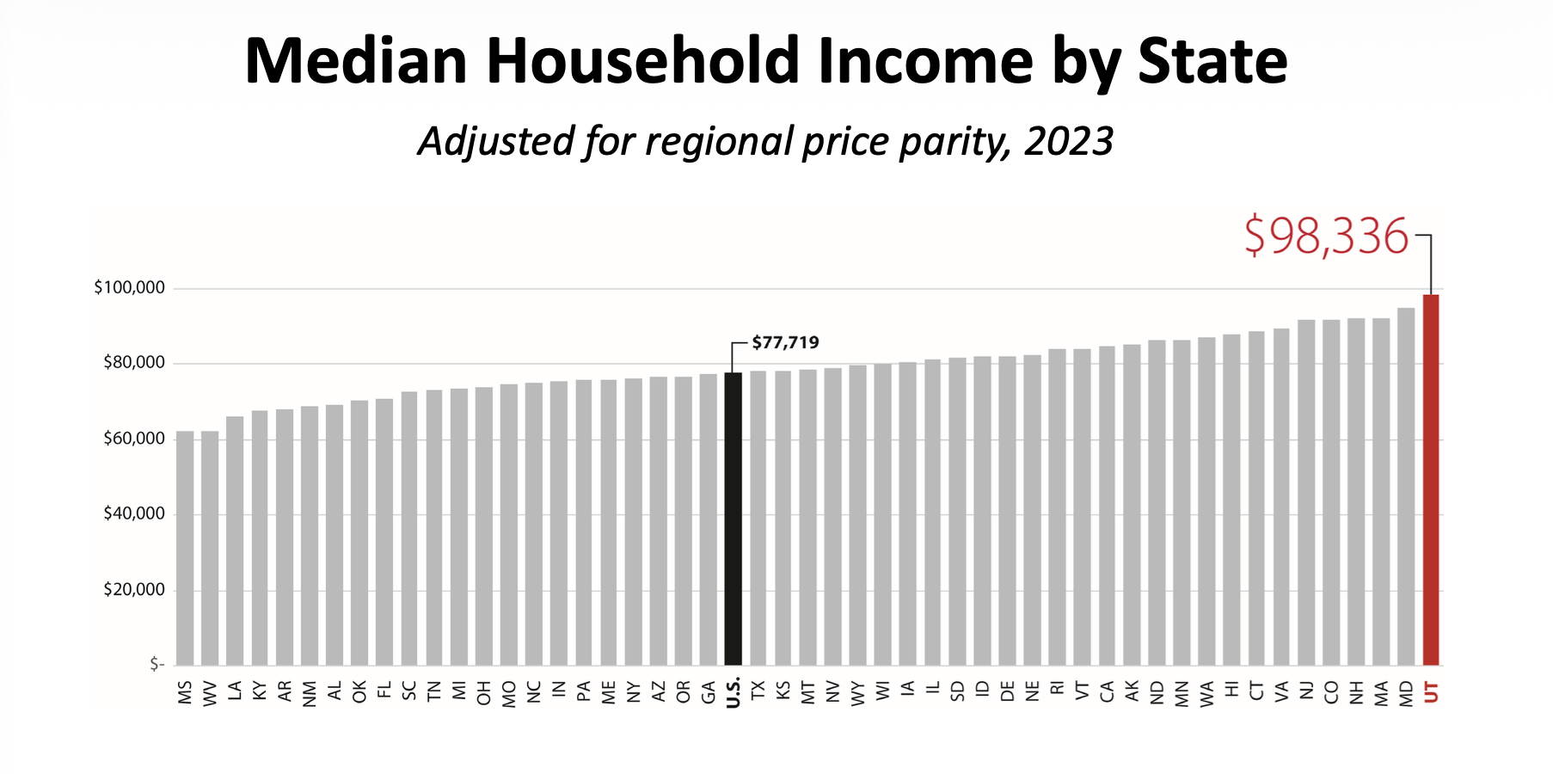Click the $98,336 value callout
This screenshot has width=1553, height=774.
click(1326, 236)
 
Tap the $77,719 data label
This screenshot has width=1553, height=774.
click(785, 342)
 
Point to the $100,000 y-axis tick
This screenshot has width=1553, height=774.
click(129, 287)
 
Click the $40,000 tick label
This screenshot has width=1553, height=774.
click(133, 513)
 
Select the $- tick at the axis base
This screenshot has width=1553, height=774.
click(157, 664)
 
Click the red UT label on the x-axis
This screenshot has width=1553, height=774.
click(1431, 692)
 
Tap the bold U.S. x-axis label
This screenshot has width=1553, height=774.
click(734, 693)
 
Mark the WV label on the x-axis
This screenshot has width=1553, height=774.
click(210, 693)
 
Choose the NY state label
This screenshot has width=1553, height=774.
click(634, 692)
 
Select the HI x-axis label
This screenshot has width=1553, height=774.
click(1231, 690)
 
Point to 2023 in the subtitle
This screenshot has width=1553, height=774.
click(1069, 141)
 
